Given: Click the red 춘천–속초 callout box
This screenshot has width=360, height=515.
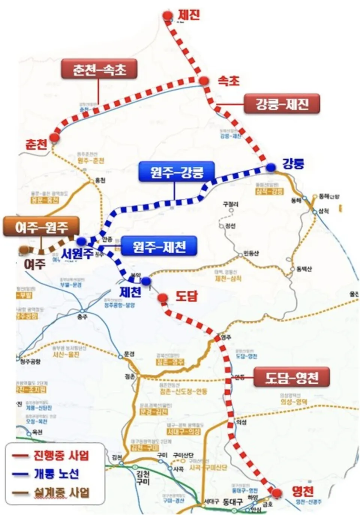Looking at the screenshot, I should [99, 69].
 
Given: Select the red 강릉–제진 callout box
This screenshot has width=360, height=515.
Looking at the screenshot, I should [282, 104].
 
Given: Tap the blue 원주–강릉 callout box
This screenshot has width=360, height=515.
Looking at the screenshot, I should [176, 172].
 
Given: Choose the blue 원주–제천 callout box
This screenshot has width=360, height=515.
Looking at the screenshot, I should [159, 246].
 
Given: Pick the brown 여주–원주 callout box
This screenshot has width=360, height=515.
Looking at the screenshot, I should [41, 226].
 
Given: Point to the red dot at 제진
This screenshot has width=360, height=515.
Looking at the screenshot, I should [167, 15].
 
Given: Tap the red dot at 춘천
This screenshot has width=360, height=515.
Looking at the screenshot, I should [55, 138].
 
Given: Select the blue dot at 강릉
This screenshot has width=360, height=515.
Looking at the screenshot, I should [271, 168].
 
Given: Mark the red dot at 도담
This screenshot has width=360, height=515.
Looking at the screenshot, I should [162, 298].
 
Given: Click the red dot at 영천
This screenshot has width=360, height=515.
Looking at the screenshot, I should [277, 493].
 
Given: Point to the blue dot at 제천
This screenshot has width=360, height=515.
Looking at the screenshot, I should [146, 281].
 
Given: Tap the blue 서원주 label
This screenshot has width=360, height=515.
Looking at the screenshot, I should [78, 254].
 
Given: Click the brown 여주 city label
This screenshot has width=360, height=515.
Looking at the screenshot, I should [34, 264].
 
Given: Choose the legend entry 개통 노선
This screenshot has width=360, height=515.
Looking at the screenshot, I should [56, 474].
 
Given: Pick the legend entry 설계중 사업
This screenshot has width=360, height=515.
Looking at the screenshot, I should [61, 492].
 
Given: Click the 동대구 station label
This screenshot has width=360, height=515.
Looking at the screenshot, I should [232, 502].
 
